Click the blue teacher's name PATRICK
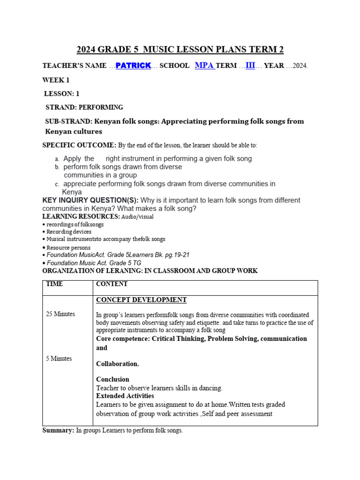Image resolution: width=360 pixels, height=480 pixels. coord(133,66)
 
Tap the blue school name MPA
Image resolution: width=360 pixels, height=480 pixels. coord(204,66)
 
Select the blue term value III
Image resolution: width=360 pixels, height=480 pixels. coord(250,66)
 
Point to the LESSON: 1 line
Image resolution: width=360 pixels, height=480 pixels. coord(61,94)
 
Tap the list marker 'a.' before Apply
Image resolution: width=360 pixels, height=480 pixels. coord(57,159)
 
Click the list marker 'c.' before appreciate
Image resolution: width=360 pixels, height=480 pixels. coord(57,184)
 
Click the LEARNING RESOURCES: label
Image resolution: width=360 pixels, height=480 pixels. coord(81,217)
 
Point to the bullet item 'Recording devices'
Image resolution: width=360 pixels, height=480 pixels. coord(68,232)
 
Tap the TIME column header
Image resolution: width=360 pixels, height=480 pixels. coord(54,284)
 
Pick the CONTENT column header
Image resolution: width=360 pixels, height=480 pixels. coord(112,284)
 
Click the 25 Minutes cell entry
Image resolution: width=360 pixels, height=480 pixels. coord(60,314)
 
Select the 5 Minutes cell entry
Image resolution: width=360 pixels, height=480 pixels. coord(59,359)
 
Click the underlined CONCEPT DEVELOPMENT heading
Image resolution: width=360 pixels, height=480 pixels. coord(141,300)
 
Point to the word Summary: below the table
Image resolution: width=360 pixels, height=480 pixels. coord(58,430)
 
